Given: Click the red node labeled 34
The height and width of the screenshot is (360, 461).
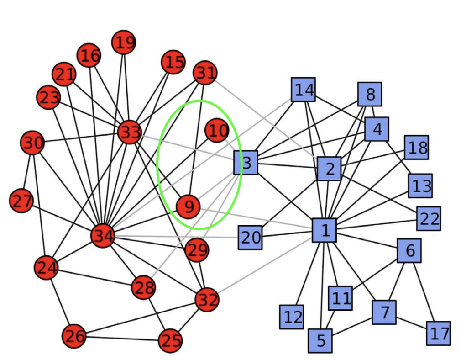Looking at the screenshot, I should click(103, 236).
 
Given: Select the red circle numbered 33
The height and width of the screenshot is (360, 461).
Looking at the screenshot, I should click(130, 132).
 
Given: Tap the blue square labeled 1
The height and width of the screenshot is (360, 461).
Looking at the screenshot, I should click(325, 230).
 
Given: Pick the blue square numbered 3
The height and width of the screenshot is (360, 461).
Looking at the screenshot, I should click(246, 163).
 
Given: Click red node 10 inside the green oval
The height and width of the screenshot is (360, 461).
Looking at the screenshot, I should click(217, 131).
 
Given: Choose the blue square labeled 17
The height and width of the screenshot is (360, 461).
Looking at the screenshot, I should click(438, 333).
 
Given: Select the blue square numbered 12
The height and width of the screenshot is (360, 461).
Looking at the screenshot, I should click(292, 317).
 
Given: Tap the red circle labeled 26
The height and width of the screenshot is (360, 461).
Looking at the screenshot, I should click(74, 336).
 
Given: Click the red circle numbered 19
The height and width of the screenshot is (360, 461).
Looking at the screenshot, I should click(124, 42).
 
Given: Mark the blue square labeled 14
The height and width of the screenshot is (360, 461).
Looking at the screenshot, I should click(304, 90).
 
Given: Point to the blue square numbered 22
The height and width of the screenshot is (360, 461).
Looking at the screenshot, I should click(428, 219).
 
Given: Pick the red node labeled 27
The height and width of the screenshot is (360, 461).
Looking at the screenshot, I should click(21, 201).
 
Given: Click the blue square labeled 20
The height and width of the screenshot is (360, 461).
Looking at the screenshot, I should click(250, 237).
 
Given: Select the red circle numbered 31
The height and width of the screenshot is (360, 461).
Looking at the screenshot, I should click(205, 72).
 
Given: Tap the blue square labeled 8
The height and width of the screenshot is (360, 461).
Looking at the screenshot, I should click(370, 94).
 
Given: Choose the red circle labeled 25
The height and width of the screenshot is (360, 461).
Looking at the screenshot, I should click(170, 340).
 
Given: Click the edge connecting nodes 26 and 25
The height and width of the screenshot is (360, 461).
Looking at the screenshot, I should click(122, 339).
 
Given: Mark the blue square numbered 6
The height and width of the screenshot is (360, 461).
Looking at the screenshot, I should click(409, 250).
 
